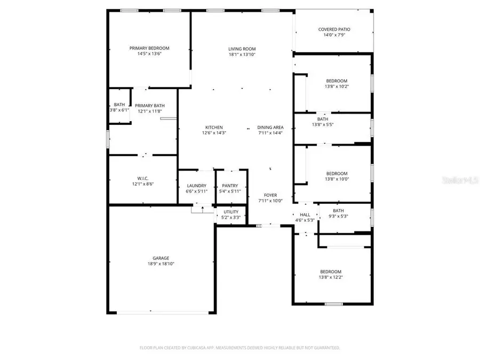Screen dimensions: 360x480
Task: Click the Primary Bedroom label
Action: coord(149,48)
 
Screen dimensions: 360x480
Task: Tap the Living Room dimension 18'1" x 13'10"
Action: coord(242,54)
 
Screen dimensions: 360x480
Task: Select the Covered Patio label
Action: coord(334,29)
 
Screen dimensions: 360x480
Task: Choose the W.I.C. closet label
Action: coord(142,179)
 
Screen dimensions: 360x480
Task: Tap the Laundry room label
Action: coord(196,186)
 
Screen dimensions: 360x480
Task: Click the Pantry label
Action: coord(230,186)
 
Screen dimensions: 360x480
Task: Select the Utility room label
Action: coord(231,212)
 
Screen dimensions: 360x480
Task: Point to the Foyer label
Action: coord(271,195)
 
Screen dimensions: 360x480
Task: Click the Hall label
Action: coord(305,214)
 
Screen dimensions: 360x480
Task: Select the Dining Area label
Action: coord(270,127)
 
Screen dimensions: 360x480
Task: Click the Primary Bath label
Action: coord(149,106)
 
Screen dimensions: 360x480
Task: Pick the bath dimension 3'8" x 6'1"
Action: coord(119,110)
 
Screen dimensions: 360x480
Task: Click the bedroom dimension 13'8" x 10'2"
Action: coord(337,86)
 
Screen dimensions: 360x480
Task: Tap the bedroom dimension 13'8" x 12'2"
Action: coord(330,277)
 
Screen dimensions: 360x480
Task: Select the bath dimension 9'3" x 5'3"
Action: coord(339,217)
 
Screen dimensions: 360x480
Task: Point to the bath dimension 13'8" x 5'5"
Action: coord(323,125)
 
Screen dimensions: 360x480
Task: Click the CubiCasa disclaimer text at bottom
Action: coord(239,347)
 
